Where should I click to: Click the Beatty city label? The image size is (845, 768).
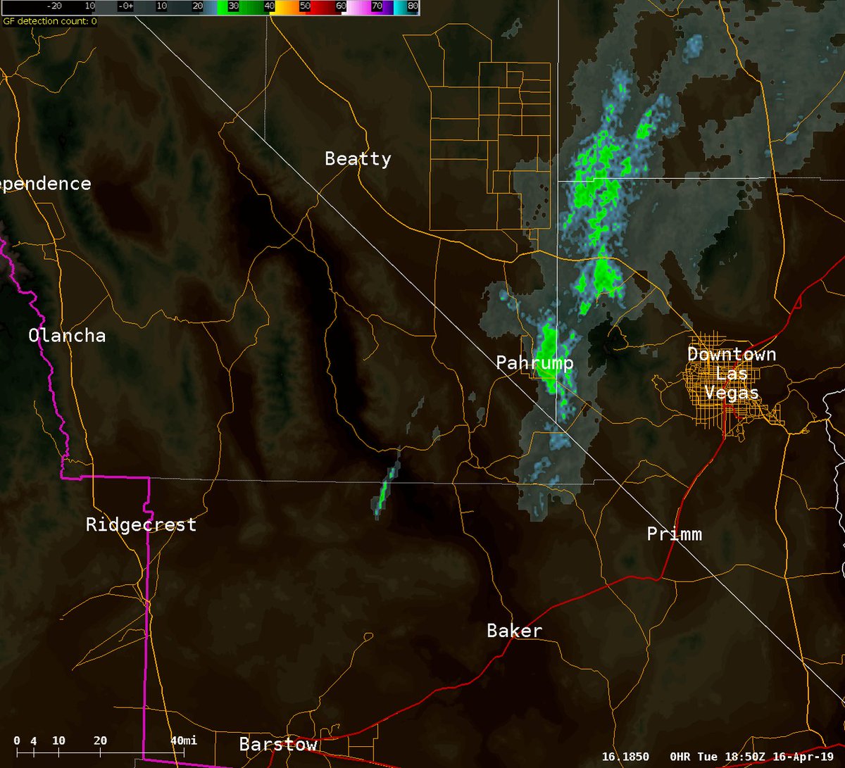click(358, 159)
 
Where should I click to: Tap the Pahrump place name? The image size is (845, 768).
click(534, 363)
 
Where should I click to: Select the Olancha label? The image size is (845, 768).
click(67, 336)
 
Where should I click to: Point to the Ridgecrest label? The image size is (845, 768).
click(141, 525)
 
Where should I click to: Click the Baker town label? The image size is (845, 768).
click(514, 631)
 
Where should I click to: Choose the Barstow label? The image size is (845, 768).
click(278, 745)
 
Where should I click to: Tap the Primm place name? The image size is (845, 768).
click(674, 534)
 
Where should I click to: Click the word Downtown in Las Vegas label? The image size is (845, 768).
click(732, 354)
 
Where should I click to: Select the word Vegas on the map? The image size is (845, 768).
click(732, 393)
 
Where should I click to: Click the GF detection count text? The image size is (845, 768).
click(49, 21)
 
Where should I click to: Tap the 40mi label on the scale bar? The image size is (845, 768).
click(184, 741)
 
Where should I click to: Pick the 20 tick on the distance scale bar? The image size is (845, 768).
click(100, 741)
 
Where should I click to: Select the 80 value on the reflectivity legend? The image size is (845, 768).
click(413, 6)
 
